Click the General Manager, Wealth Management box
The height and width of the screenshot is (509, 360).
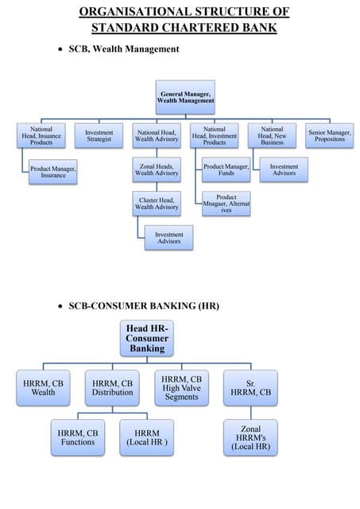[x=185, y=97]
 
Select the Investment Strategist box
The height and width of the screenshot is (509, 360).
[x=99, y=136]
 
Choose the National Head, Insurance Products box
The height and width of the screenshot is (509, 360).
[x=41, y=136]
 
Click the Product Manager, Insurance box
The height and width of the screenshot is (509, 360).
[x=53, y=172]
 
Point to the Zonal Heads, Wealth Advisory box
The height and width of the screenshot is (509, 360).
[x=157, y=169]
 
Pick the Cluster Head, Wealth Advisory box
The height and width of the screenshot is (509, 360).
[x=157, y=204]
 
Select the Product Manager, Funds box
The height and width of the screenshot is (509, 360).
[x=226, y=169]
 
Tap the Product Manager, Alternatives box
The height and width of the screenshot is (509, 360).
[x=226, y=204]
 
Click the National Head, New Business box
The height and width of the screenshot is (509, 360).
[x=272, y=136]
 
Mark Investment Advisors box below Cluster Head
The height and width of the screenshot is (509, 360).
[x=168, y=238]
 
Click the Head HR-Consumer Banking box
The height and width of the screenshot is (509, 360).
[x=147, y=338]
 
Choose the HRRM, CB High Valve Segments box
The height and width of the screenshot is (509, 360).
[x=181, y=387]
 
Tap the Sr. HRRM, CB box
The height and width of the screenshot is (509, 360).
[x=250, y=387]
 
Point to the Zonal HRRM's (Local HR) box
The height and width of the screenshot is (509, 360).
[x=250, y=437]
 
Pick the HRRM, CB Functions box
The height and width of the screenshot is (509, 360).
[x=77, y=437]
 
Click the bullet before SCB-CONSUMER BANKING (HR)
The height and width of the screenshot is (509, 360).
[x=61, y=306]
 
